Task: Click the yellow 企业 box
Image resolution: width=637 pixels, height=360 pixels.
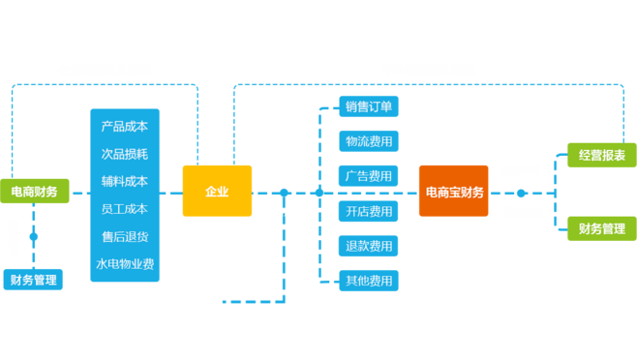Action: click(217, 191)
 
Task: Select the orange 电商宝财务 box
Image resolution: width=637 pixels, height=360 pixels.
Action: click(453, 192)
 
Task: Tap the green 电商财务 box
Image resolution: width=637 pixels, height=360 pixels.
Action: click(34, 192)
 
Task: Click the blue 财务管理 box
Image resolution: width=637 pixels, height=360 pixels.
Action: click(33, 280)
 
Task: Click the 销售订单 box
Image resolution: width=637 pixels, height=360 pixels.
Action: click(369, 105)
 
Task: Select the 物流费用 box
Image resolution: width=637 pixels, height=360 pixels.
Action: click(369, 141)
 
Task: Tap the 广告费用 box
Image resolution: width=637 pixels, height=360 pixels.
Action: click(369, 176)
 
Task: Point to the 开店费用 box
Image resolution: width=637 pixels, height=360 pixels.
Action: click(369, 210)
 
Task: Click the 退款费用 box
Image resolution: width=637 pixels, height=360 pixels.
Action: click(369, 246)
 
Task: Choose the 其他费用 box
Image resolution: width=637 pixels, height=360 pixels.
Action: click(369, 281)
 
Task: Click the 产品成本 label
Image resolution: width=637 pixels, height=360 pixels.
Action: click(124, 127)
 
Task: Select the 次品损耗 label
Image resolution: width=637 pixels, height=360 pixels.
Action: click(124, 154)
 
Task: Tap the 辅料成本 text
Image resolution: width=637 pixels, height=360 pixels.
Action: click(124, 181)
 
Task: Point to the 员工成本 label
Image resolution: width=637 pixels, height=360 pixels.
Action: click(124, 209)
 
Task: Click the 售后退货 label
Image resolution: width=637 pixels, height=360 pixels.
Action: click(124, 236)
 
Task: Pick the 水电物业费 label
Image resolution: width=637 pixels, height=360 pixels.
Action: click(124, 263)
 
